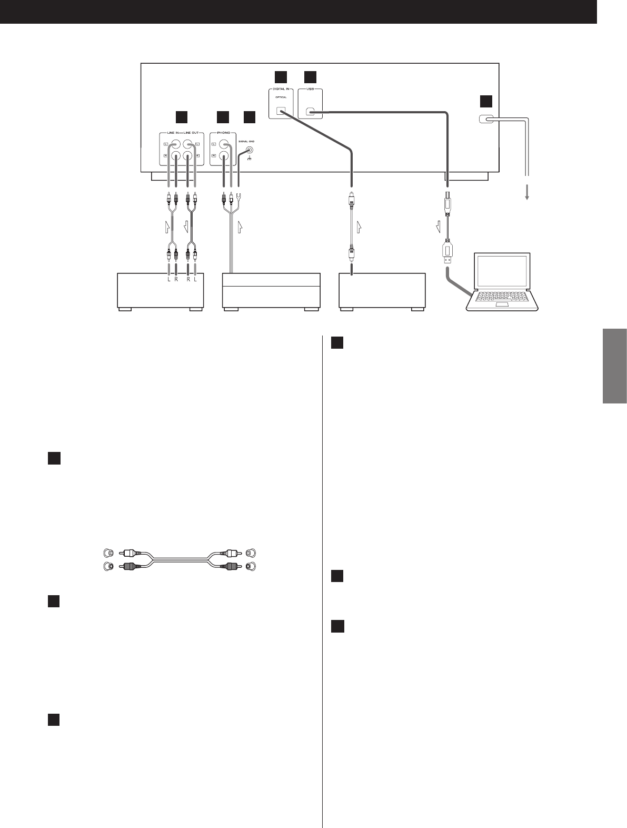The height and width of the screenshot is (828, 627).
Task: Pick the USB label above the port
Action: click(x=311, y=90)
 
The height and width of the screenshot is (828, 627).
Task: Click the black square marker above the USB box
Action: click(x=310, y=77)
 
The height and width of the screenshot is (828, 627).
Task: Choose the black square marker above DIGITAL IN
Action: click(x=281, y=77)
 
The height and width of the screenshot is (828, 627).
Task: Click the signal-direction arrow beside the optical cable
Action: click(x=359, y=227)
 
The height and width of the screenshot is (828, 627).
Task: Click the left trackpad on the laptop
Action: click(x=502, y=305)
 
